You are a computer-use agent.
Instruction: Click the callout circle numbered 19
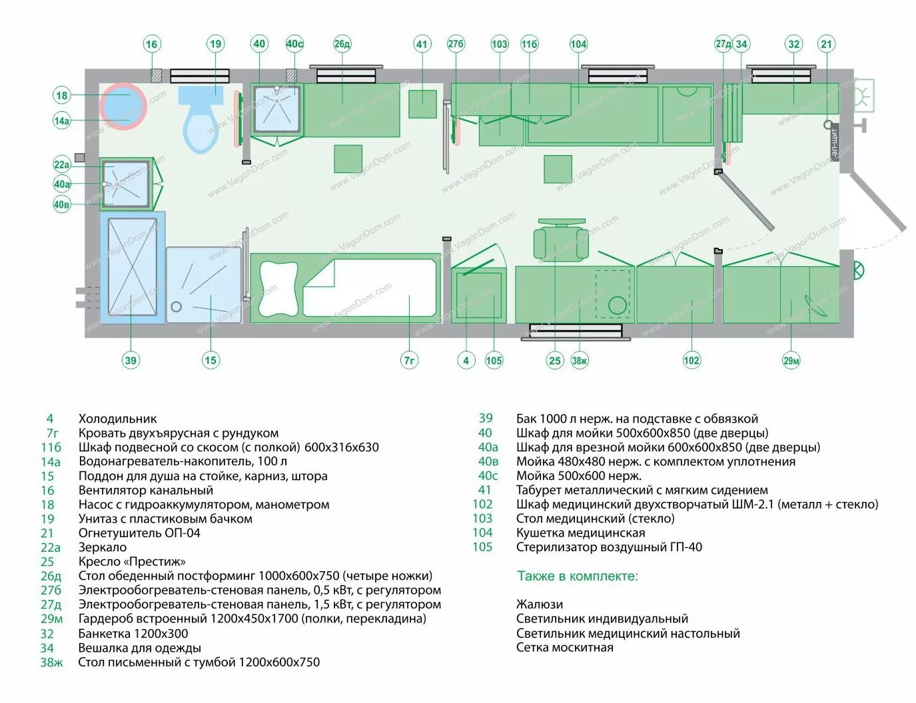pos(215,44)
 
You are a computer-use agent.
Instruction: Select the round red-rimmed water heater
pos(123,107)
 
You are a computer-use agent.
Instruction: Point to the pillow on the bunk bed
pos(278,288)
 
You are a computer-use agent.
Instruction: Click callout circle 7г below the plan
pos(409,360)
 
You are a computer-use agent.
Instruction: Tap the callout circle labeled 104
pos(578,44)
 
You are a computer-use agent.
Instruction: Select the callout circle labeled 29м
pos(791,360)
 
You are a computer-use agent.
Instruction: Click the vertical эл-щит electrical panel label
pos(834,142)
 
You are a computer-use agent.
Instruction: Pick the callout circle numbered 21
pos(826,44)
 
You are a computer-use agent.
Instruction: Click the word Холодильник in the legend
pos(118,419)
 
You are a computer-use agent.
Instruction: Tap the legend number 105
pos(482,547)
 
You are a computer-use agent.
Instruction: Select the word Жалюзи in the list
pos(540,604)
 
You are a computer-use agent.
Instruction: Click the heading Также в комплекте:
pos(578,576)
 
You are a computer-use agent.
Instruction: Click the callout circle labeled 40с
pos(294,44)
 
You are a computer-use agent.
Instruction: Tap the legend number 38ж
pos(51,662)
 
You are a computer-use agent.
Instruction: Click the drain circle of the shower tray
pos(177,306)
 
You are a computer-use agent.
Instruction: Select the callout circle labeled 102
pos(691,360)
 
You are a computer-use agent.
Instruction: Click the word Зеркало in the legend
pos(103,547)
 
